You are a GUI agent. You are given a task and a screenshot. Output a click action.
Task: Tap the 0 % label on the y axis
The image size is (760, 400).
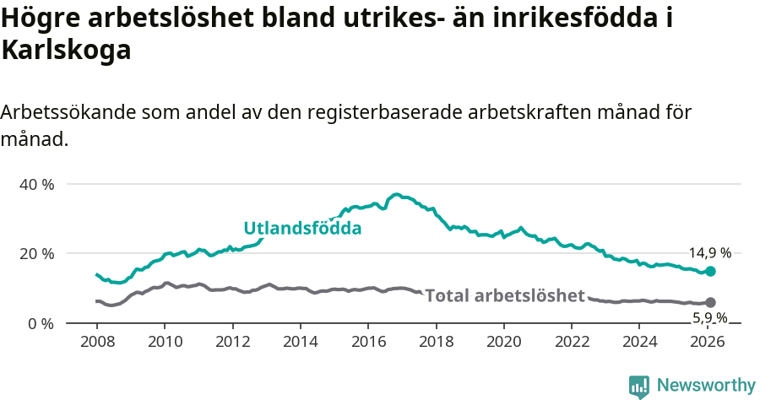40,323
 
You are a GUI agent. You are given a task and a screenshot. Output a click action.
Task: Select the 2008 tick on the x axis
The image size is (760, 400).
96,342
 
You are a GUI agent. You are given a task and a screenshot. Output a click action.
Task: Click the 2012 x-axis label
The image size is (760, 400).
232,342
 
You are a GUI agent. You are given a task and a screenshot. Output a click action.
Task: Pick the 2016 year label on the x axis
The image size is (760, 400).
368,342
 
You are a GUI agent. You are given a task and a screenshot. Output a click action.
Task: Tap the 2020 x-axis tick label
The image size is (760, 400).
504,342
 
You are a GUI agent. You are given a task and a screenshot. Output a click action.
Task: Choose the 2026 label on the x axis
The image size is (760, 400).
708,342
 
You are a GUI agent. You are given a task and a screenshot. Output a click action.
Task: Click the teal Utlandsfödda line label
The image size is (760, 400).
302,229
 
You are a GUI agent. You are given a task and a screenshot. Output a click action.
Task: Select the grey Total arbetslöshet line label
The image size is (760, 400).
505,295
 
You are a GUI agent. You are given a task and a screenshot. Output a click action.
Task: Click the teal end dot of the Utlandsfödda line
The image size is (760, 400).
711,271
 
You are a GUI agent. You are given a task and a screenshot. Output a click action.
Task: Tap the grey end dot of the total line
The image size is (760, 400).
711,302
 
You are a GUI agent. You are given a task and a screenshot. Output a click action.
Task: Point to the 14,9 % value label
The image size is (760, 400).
710,252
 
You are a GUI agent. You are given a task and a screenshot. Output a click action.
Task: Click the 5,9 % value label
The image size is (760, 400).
710,318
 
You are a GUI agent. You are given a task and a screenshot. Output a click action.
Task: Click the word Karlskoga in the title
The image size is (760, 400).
67,51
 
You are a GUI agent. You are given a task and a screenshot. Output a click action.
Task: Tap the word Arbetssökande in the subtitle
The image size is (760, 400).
67,112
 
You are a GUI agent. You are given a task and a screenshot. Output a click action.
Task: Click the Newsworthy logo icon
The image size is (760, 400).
639,386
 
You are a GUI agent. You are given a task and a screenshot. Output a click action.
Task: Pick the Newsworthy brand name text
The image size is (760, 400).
706,386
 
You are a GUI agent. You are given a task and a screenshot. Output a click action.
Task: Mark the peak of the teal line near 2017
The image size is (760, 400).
396,194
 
